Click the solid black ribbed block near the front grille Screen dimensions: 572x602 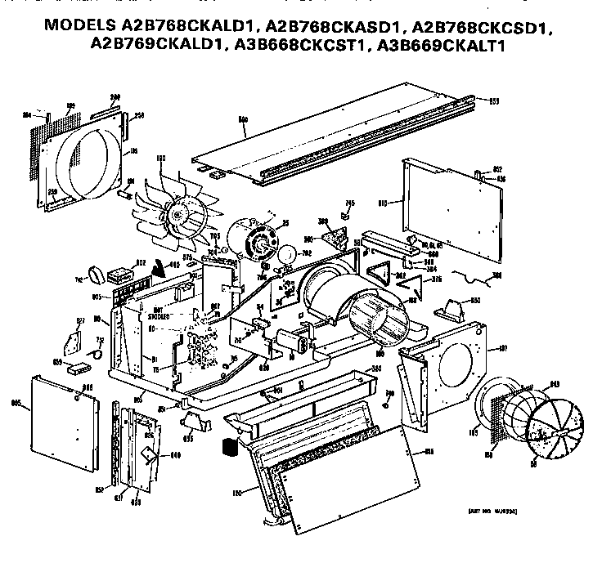click(x=229, y=449)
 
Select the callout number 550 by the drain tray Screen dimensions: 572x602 click(x=377, y=369)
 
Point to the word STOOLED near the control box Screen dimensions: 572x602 click(x=159, y=314)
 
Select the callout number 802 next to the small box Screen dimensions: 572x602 click(x=141, y=262)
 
